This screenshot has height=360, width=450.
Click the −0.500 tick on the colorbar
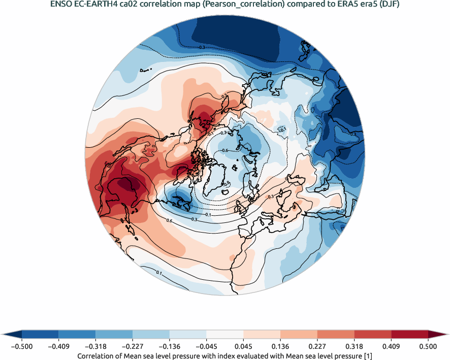click(21, 346)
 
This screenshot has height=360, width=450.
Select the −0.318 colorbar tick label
click(95, 346)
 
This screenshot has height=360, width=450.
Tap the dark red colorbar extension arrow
click(438, 334)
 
